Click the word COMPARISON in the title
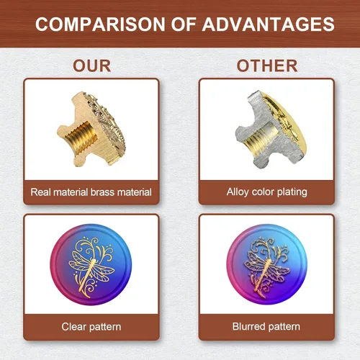[x=100, y=24]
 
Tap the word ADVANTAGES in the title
[x=269, y=24]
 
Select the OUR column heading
[x=92, y=66]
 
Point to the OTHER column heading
[x=267, y=66]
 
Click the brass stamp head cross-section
[x=91, y=129]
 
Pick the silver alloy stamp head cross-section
[x=271, y=130]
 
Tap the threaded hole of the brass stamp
[x=81, y=136]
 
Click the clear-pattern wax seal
[x=91, y=264]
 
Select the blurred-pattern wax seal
[x=266, y=264]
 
